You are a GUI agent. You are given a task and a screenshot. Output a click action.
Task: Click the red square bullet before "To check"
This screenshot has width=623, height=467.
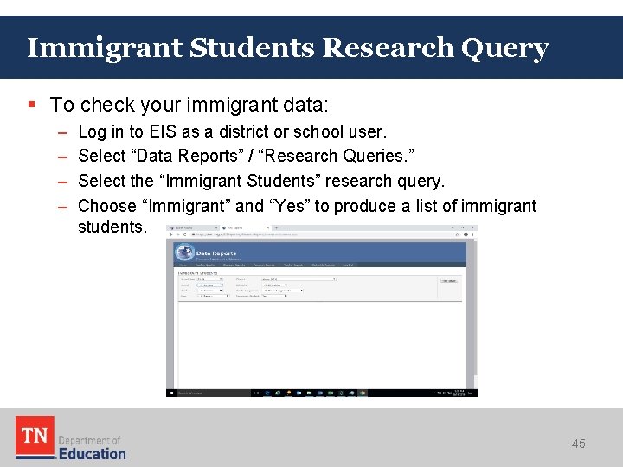[32, 105]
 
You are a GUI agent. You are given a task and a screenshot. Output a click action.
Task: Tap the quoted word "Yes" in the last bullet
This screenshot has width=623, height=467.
[287, 206]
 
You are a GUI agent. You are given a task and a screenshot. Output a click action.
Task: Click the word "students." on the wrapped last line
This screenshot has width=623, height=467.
[112, 227]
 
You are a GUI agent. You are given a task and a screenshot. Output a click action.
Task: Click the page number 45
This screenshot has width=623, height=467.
[578, 444]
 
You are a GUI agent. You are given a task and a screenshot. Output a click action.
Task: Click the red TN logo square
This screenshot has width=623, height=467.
[34, 437]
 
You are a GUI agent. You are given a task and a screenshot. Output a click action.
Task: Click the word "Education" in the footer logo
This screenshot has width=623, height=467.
[92, 453]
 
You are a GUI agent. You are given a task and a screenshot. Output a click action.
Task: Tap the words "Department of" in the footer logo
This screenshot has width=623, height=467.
[89, 440]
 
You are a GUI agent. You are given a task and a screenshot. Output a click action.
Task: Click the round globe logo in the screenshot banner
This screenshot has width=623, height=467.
[183, 253]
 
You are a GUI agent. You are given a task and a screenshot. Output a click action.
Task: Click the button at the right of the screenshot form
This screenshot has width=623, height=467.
[448, 280]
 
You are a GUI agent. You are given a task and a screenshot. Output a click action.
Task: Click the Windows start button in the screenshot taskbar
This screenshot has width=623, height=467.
[171, 393]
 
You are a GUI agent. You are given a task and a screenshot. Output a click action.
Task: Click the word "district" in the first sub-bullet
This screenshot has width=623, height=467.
[268, 132]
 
